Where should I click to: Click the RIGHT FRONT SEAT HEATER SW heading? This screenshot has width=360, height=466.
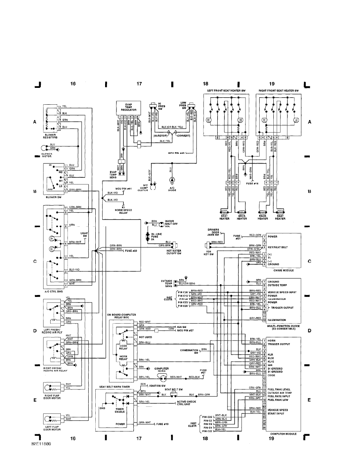(x=278, y=90)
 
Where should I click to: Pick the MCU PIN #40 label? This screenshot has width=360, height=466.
(x=176, y=153)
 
